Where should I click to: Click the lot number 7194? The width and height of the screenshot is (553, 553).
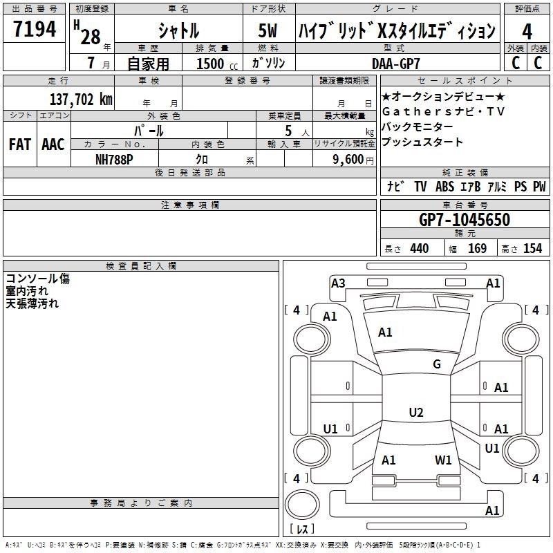tap(35, 30)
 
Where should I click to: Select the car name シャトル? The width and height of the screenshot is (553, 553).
tap(178, 30)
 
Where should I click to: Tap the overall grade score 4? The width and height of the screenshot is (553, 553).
tap(527, 31)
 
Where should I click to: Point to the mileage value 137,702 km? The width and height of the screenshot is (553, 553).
tap(81, 100)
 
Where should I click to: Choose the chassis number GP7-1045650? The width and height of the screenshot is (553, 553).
tap(465, 220)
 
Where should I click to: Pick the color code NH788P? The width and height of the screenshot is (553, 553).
tap(115, 158)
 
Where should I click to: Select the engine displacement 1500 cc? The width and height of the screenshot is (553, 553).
tap(213, 64)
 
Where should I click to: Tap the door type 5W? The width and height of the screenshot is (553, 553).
tap(267, 31)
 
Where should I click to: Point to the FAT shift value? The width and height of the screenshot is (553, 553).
tap(20, 144)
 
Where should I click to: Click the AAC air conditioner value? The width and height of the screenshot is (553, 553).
tap(53, 144)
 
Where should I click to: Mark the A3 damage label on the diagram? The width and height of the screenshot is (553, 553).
tap(338, 283)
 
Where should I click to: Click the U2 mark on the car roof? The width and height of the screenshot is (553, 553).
tap(415, 413)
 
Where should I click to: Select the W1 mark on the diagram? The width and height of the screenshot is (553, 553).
tap(443, 460)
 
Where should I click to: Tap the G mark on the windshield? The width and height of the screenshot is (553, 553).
tap(436, 364)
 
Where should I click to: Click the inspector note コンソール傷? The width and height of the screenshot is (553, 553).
tap(38, 279)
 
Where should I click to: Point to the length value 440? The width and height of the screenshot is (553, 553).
tap(419, 249)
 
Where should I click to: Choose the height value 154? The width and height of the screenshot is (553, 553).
tap(532, 249)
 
